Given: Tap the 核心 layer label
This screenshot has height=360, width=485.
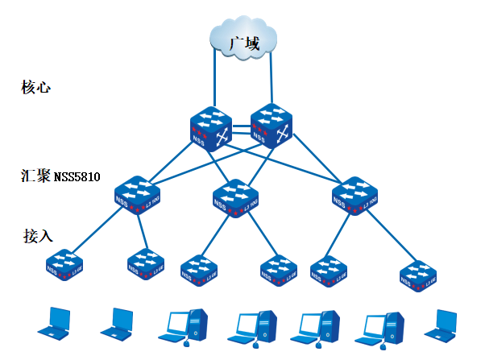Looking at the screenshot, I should [36, 86].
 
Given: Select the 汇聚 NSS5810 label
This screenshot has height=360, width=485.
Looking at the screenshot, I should [61, 176].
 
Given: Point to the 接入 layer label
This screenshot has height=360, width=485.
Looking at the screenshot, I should [38, 236].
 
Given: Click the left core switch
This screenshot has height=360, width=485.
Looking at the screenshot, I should [211, 129].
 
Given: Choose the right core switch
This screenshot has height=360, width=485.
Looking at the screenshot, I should [272, 126].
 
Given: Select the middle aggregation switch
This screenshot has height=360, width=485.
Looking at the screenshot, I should [234, 196].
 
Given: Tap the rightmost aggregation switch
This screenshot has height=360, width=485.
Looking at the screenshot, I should [354, 194].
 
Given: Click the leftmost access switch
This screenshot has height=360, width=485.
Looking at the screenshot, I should [64, 264].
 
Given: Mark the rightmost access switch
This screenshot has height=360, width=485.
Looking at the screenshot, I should [418, 275].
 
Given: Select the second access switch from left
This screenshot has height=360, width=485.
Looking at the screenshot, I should [146, 263].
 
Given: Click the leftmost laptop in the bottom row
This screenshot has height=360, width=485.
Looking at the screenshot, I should [54, 321].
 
